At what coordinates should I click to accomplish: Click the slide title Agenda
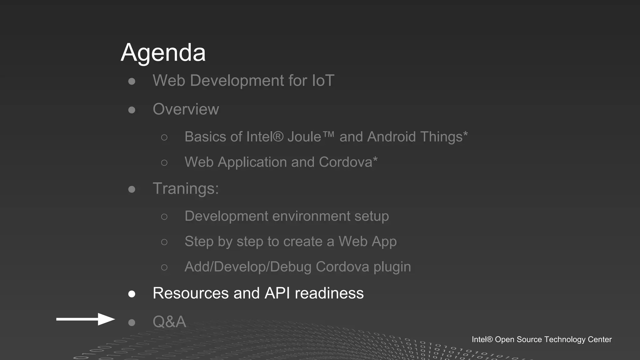[x=163, y=52]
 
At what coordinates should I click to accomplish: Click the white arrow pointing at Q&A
[x=85, y=319]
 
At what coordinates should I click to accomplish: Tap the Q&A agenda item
[x=169, y=322]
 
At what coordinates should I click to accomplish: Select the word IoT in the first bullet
[x=323, y=81]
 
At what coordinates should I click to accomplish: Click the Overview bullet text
[x=186, y=109]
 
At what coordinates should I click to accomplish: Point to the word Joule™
[x=311, y=137]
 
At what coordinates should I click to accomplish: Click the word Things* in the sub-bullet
[x=444, y=137]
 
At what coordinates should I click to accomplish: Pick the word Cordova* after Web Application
[x=348, y=162]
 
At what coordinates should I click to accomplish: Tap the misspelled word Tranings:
[x=186, y=188]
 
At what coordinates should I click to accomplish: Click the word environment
[x=311, y=216]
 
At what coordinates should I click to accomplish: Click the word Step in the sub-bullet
[x=199, y=242]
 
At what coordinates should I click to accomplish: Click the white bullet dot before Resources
[x=132, y=294]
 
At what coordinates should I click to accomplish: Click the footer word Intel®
[x=482, y=339]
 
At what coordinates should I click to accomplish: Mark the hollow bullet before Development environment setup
[x=164, y=217]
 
